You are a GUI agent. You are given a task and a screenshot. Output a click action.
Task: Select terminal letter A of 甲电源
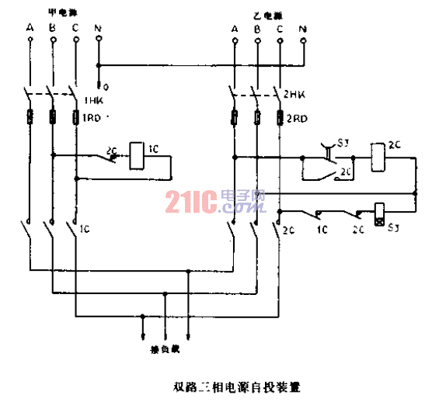(x=30, y=29)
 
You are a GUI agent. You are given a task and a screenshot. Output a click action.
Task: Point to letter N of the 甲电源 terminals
(x=97, y=29)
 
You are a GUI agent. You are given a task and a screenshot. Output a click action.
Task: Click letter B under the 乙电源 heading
(x=256, y=29)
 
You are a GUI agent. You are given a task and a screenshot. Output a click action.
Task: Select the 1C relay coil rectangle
(x=135, y=155)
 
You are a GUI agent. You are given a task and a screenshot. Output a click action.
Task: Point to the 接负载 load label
(x=164, y=348)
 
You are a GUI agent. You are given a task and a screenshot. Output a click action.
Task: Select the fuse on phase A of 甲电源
(x=30, y=119)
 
